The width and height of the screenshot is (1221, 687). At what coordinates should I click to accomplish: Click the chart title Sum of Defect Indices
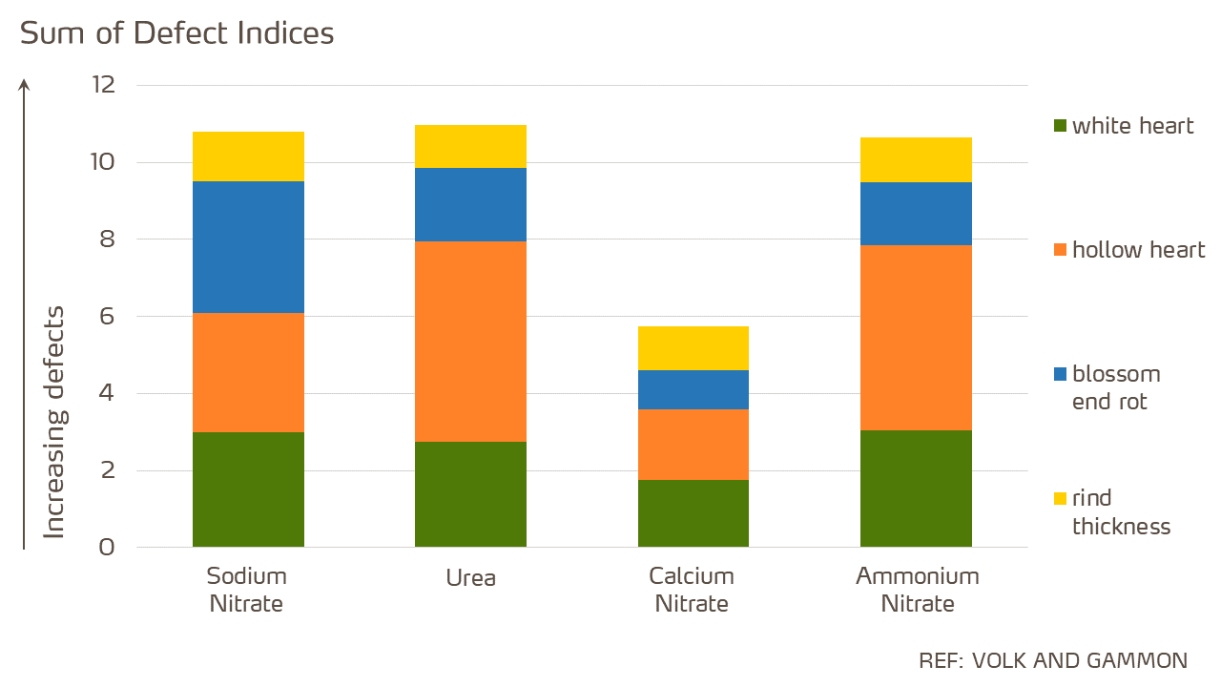click(x=177, y=33)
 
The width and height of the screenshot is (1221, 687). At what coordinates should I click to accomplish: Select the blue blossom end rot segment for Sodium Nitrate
click(x=248, y=247)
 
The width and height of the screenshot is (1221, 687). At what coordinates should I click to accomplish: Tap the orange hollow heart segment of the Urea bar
click(x=470, y=341)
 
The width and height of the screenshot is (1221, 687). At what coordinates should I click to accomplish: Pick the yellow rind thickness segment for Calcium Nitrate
click(x=693, y=348)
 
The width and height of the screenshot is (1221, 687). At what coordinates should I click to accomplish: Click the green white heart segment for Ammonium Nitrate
click(x=916, y=489)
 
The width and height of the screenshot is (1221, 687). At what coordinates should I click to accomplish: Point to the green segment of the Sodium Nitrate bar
click(x=248, y=489)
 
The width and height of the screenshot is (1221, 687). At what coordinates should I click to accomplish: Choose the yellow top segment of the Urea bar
click(x=470, y=146)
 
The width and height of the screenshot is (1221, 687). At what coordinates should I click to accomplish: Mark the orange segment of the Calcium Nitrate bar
click(x=693, y=444)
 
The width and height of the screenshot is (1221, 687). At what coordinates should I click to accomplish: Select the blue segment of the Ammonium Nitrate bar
click(x=916, y=214)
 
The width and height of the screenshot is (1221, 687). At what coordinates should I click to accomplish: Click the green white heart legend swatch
click(x=1060, y=126)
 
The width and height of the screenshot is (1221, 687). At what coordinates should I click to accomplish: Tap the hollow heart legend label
click(x=1138, y=250)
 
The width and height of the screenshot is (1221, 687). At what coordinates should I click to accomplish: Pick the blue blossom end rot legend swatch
click(x=1060, y=374)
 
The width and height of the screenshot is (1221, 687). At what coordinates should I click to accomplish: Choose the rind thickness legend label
click(x=1121, y=512)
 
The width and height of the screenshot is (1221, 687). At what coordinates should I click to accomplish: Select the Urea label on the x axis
click(x=470, y=578)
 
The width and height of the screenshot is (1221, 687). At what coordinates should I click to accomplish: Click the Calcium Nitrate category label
click(x=692, y=590)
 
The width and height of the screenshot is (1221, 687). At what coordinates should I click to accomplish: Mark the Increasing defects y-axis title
click(x=55, y=422)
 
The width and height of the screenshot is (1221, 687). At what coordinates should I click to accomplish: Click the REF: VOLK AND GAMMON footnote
click(x=1053, y=660)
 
